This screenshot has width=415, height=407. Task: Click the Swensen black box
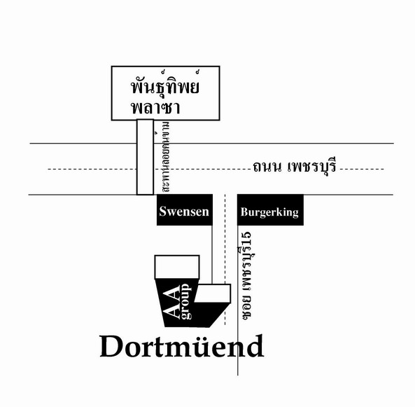(x=185, y=210)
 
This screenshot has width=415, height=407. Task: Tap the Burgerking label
(x=269, y=212)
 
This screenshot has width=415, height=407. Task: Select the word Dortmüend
(x=182, y=346)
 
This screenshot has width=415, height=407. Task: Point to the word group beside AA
(x=185, y=301)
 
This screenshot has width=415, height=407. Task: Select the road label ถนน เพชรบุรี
(x=294, y=166)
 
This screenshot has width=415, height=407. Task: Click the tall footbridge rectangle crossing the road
(x=145, y=157)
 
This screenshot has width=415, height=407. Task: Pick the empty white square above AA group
(x=177, y=267)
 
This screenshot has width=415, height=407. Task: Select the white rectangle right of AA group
(x=213, y=294)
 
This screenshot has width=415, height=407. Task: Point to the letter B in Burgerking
(x=244, y=212)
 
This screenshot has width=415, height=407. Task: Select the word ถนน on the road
(x=266, y=167)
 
